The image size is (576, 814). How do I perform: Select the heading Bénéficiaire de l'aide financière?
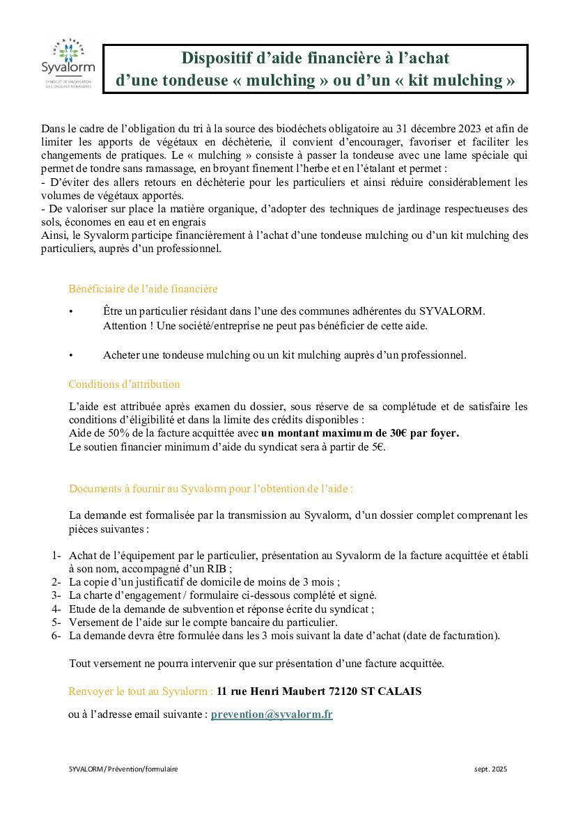pyautogui.click(x=143, y=288)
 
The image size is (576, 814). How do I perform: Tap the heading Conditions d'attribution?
pyautogui.click(x=124, y=384)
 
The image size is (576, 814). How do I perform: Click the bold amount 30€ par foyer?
pyautogui.click(x=425, y=433)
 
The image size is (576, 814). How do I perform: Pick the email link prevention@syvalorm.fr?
pyautogui.click(x=272, y=714)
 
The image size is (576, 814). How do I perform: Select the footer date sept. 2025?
pyautogui.click(x=490, y=769)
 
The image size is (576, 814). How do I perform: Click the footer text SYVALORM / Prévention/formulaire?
pyautogui.click(x=123, y=769)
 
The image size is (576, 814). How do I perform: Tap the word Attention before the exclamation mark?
pyautogui.click(x=123, y=325)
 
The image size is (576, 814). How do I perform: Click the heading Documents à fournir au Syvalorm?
pyautogui.click(x=210, y=489)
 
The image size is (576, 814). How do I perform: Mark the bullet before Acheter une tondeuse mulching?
pyautogui.click(x=70, y=355)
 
